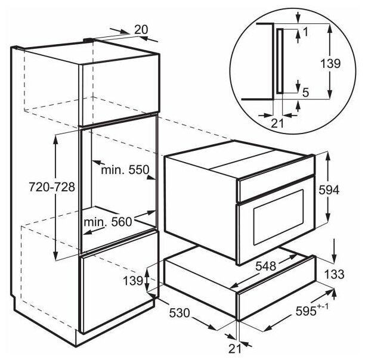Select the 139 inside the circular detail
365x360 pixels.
click(334, 63)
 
